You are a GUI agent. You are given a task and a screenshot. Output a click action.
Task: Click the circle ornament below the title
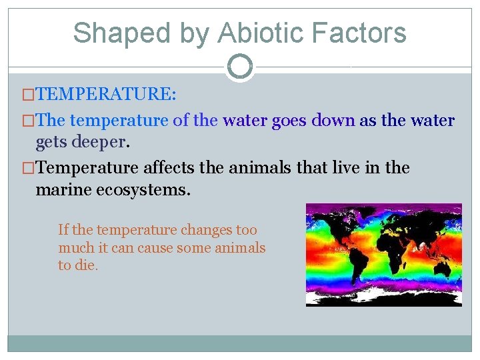click(x=240, y=66)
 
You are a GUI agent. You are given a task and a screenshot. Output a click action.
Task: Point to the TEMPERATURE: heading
click(x=106, y=94)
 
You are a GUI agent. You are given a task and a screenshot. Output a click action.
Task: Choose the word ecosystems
click(x=149, y=190)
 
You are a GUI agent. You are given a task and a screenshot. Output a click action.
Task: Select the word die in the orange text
click(x=86, y=265)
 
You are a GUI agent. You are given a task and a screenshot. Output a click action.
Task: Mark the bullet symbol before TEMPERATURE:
click(x=29, y=94)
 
